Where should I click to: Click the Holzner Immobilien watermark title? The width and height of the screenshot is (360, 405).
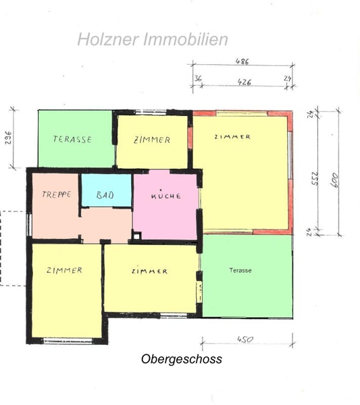pyautogui.click(x=153, y=40)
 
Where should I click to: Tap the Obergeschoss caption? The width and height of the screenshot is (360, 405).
pyautogui.click(x=182, y=359)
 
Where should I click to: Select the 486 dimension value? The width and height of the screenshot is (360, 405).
pyautogui.click(x=242, y=61)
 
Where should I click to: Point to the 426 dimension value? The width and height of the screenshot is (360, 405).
pyautogui.click(x=245, y=82)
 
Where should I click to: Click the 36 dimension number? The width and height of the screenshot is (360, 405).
pyautogui.click(x=198, y=78)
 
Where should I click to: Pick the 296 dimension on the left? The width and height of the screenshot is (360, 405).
pyautogui.click(x=9, y=138)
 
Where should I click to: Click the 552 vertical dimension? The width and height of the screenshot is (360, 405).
pyautogui.click(x=315, y=178)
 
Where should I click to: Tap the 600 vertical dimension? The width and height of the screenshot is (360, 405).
pyautogui.click(x=334, y=180)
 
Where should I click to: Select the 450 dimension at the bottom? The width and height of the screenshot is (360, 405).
pyautogui.click(x=245, y=339)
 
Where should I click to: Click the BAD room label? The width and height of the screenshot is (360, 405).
pyautogui.click(x=105, y=195)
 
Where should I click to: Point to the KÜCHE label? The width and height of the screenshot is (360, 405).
pyautogui.click(x=166, y=195)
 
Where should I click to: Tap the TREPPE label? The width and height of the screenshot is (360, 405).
pyautogui.click(x=57, y=194)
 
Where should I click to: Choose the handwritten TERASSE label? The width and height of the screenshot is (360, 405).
pyautogui.click(x=72, y=139)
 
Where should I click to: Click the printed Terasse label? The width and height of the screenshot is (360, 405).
pyautogui.click(x=240, y=271)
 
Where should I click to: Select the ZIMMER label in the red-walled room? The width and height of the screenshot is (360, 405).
pyautogui.click(x=232, y=137)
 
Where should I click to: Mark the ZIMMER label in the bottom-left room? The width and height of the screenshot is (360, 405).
pyautogui.click(x=64, y=270)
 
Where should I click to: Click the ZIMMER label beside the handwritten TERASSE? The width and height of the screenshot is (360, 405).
pyautogui.click(x=152, y=140)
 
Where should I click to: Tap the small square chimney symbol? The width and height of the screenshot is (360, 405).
pyautogui.click(x=136, y=236)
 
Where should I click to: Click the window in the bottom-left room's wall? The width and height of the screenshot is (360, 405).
pyautogui.click(x=68, y=341)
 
